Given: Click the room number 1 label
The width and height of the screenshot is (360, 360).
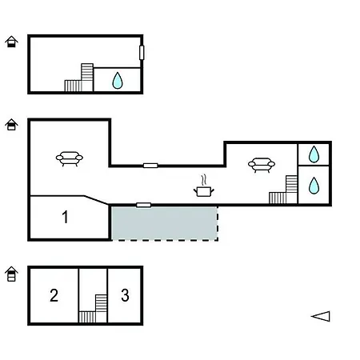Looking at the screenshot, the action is click(x=65, y=217).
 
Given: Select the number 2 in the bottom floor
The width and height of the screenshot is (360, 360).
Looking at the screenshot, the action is click(x=54, y=295).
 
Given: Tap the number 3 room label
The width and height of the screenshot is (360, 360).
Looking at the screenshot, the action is click(x=125, y=295).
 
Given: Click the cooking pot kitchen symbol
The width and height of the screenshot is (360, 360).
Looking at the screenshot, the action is click(x=204, y=186).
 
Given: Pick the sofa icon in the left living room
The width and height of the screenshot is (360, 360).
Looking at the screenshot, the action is click(x=70, y=158).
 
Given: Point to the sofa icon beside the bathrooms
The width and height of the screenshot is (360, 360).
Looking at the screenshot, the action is click(x=262, y=165).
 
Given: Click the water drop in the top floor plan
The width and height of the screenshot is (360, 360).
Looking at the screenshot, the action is click(x=118, y=80).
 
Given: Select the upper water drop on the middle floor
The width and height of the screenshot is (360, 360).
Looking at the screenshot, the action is click(x=314, y=154).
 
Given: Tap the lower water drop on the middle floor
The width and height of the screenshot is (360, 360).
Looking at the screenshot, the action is click(x=314, y=186).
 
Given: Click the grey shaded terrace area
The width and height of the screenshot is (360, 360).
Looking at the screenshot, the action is click(x=164, y=223).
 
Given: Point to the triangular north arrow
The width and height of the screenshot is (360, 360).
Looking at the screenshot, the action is click(x=321, y=316).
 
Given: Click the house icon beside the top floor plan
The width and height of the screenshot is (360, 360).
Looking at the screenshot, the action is click(x=11, y=42).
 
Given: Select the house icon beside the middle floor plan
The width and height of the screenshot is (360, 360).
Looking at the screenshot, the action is click(x=11, y=125).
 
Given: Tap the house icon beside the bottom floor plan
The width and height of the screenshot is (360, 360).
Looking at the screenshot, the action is click(x=11, y=274).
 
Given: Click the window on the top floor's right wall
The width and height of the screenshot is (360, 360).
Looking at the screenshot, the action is click(x=142, y=53).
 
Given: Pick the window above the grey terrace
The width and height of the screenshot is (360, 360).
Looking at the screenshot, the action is click(x=144, y=205).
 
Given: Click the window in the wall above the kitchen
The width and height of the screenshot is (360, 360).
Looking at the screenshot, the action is click(x=150, y=166).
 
